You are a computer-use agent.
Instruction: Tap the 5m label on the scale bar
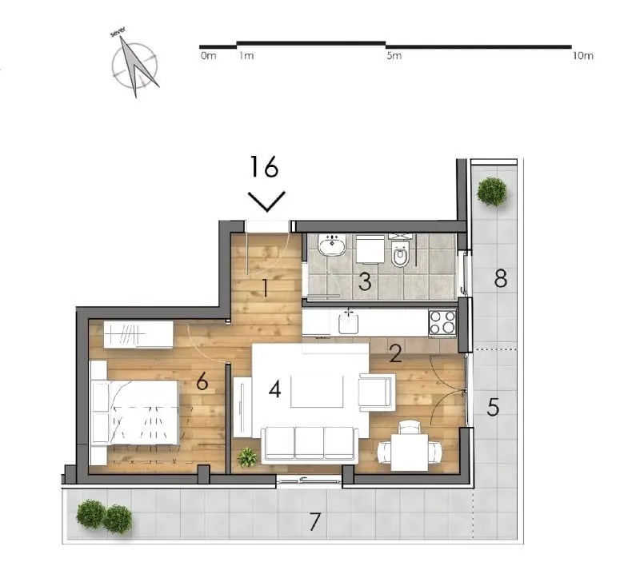pyautogui.click(x=394, y=56)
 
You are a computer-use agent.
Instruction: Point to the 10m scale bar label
pyautogui.click(x=582, y=56)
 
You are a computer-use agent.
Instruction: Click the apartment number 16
pyautogui.click(x=264, y=166)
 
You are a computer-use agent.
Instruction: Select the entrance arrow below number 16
pyautogui.click(x=267, y=201)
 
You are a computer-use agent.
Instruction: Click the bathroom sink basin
pyautogui.click(x=332, y=245)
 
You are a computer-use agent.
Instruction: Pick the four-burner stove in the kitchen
pyautogui.click(x=442, y=323)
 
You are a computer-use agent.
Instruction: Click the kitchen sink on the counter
pyautogui.click(x=348, y=323)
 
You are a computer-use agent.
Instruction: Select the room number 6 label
pyautogui.click(x=202, y=382)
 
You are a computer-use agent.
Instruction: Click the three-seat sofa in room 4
pyautogui.click(x=309, y=444)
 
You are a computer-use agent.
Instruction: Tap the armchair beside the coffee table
pyautogui.click(x=376, y=392)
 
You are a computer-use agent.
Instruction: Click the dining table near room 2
pyautogui.click(x=410, y=452)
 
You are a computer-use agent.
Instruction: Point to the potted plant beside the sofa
pyautogui.click(x=247, y=457)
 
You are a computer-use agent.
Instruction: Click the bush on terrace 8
pyautogui.click(x=492, y=191)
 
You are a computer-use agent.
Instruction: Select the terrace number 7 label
pyautogui.click(x=314, y=521)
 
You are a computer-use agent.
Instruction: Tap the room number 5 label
pyautogui.click(x=493, y=407)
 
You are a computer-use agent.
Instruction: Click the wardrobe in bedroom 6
pyautogui.click(x=138, y=335)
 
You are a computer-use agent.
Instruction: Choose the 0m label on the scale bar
pyautogui.click(x=208, y=56)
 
